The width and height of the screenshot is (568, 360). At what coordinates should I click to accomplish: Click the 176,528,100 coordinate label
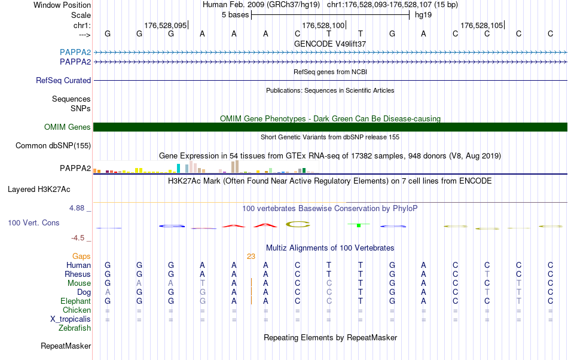tap(323, 25)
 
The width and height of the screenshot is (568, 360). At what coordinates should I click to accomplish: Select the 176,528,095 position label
tap(166, 25)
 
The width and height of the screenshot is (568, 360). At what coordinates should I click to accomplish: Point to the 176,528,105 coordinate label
tap(481, 25)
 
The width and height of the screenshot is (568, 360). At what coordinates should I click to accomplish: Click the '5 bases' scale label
tap(234, 15)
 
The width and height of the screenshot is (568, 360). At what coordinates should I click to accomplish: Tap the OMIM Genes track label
tap(68, 127)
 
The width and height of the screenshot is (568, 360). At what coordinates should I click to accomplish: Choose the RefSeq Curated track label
tap(63, 80)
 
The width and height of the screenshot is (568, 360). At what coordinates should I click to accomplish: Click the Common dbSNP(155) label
tap(53, 145)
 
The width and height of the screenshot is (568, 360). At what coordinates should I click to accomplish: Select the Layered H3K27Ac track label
tap(39, 190)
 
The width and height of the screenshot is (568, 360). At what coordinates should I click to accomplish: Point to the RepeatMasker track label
tap(66, 346)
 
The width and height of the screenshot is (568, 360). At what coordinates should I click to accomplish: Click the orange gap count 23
tap(251, 256)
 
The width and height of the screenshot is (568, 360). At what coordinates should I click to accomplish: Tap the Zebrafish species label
tap(75, 328)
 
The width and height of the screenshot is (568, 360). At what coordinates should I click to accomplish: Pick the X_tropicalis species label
tap(71, 319)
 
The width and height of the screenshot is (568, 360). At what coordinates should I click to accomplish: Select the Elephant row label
tap(75, 301)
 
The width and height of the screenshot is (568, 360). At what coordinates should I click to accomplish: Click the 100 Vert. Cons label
tap(33, 222)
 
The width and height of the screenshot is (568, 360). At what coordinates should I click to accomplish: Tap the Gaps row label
tap(81, 256)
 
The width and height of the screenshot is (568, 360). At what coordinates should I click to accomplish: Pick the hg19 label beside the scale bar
tap(423, 15)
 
